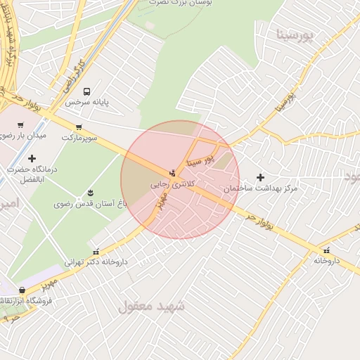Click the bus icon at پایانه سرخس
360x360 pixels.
[87, 91]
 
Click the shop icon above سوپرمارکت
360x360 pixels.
[78, 128]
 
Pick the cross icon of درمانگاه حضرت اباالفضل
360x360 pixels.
[32, 158]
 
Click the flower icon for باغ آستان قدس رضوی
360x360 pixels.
[90, 193]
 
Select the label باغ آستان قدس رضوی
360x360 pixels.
[84, 204]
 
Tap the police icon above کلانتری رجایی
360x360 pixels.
[173, 173]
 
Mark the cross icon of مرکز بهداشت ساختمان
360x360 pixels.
[261, 177]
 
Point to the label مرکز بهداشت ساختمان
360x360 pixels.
[261, 189]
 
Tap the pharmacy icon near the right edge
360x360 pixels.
[327, 250]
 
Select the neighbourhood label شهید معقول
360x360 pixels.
[151, 306]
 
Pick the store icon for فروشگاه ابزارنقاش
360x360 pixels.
[22, 290]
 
